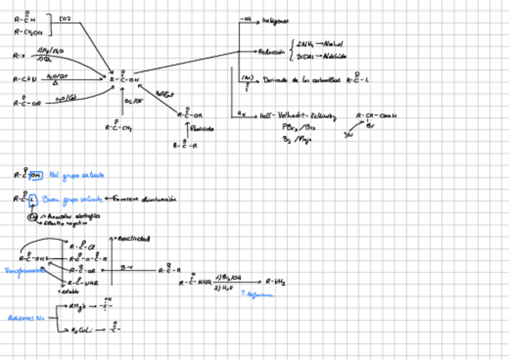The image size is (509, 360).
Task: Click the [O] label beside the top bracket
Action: point(65,20)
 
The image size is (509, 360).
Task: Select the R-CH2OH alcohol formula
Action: point(28,32)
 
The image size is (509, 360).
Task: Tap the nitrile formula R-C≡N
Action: point(25,79)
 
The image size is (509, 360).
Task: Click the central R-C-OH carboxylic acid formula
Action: point(124,79)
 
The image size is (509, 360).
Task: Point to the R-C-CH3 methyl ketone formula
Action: point(119,127)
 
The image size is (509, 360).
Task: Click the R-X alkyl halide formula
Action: point(20,56)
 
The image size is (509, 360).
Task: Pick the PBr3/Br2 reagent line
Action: point(298,127)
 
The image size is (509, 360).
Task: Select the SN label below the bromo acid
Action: point(348,136)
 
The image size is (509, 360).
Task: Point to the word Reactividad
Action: point(134,239)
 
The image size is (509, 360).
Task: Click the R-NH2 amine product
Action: point(276,281)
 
